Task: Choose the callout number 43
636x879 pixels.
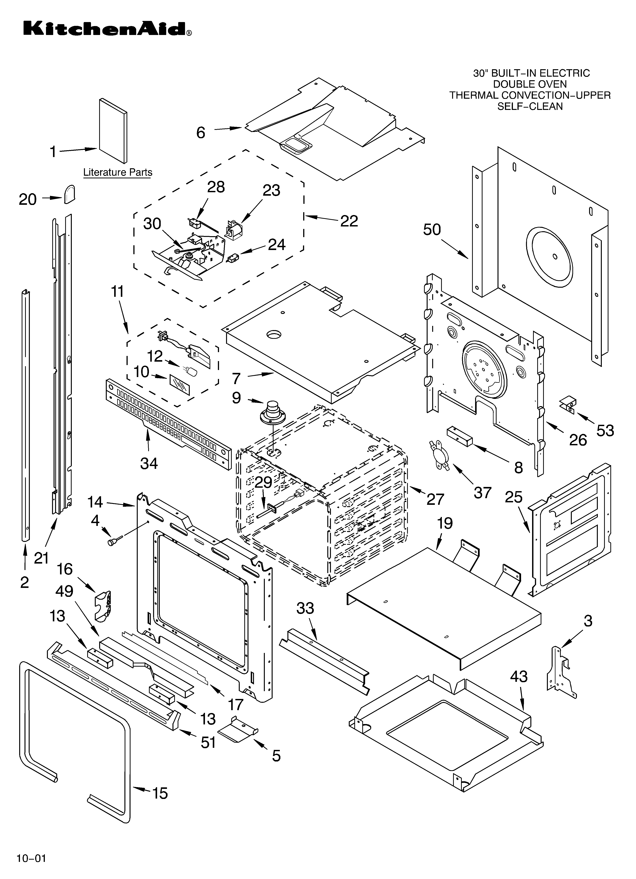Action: click(519, 676)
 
